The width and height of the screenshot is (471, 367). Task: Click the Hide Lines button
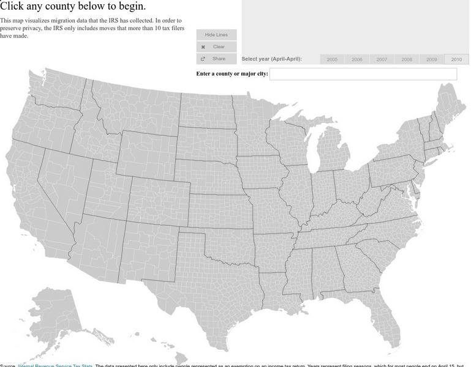(x=216, y=35)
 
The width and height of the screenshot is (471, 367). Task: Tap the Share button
(x=216, y=59)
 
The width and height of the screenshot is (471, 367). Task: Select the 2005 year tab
(x=332, y=59)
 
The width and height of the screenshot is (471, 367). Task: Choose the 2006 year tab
(x=357, y=59)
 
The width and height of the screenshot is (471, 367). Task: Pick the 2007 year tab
(x=382, y=59)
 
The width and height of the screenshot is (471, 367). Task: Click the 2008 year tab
(x=407, y=59)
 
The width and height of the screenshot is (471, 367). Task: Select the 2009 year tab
(x=432, y=59)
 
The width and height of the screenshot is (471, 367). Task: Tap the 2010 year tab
(x=456, y=59)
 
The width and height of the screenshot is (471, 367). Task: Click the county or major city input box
(x=363, y=74)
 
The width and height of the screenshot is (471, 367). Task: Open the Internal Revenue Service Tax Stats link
(x=55, y=366)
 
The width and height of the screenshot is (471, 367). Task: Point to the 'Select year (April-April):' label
(x=271, y=59)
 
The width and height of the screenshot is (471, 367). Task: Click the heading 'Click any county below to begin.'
(x=73, y=7)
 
